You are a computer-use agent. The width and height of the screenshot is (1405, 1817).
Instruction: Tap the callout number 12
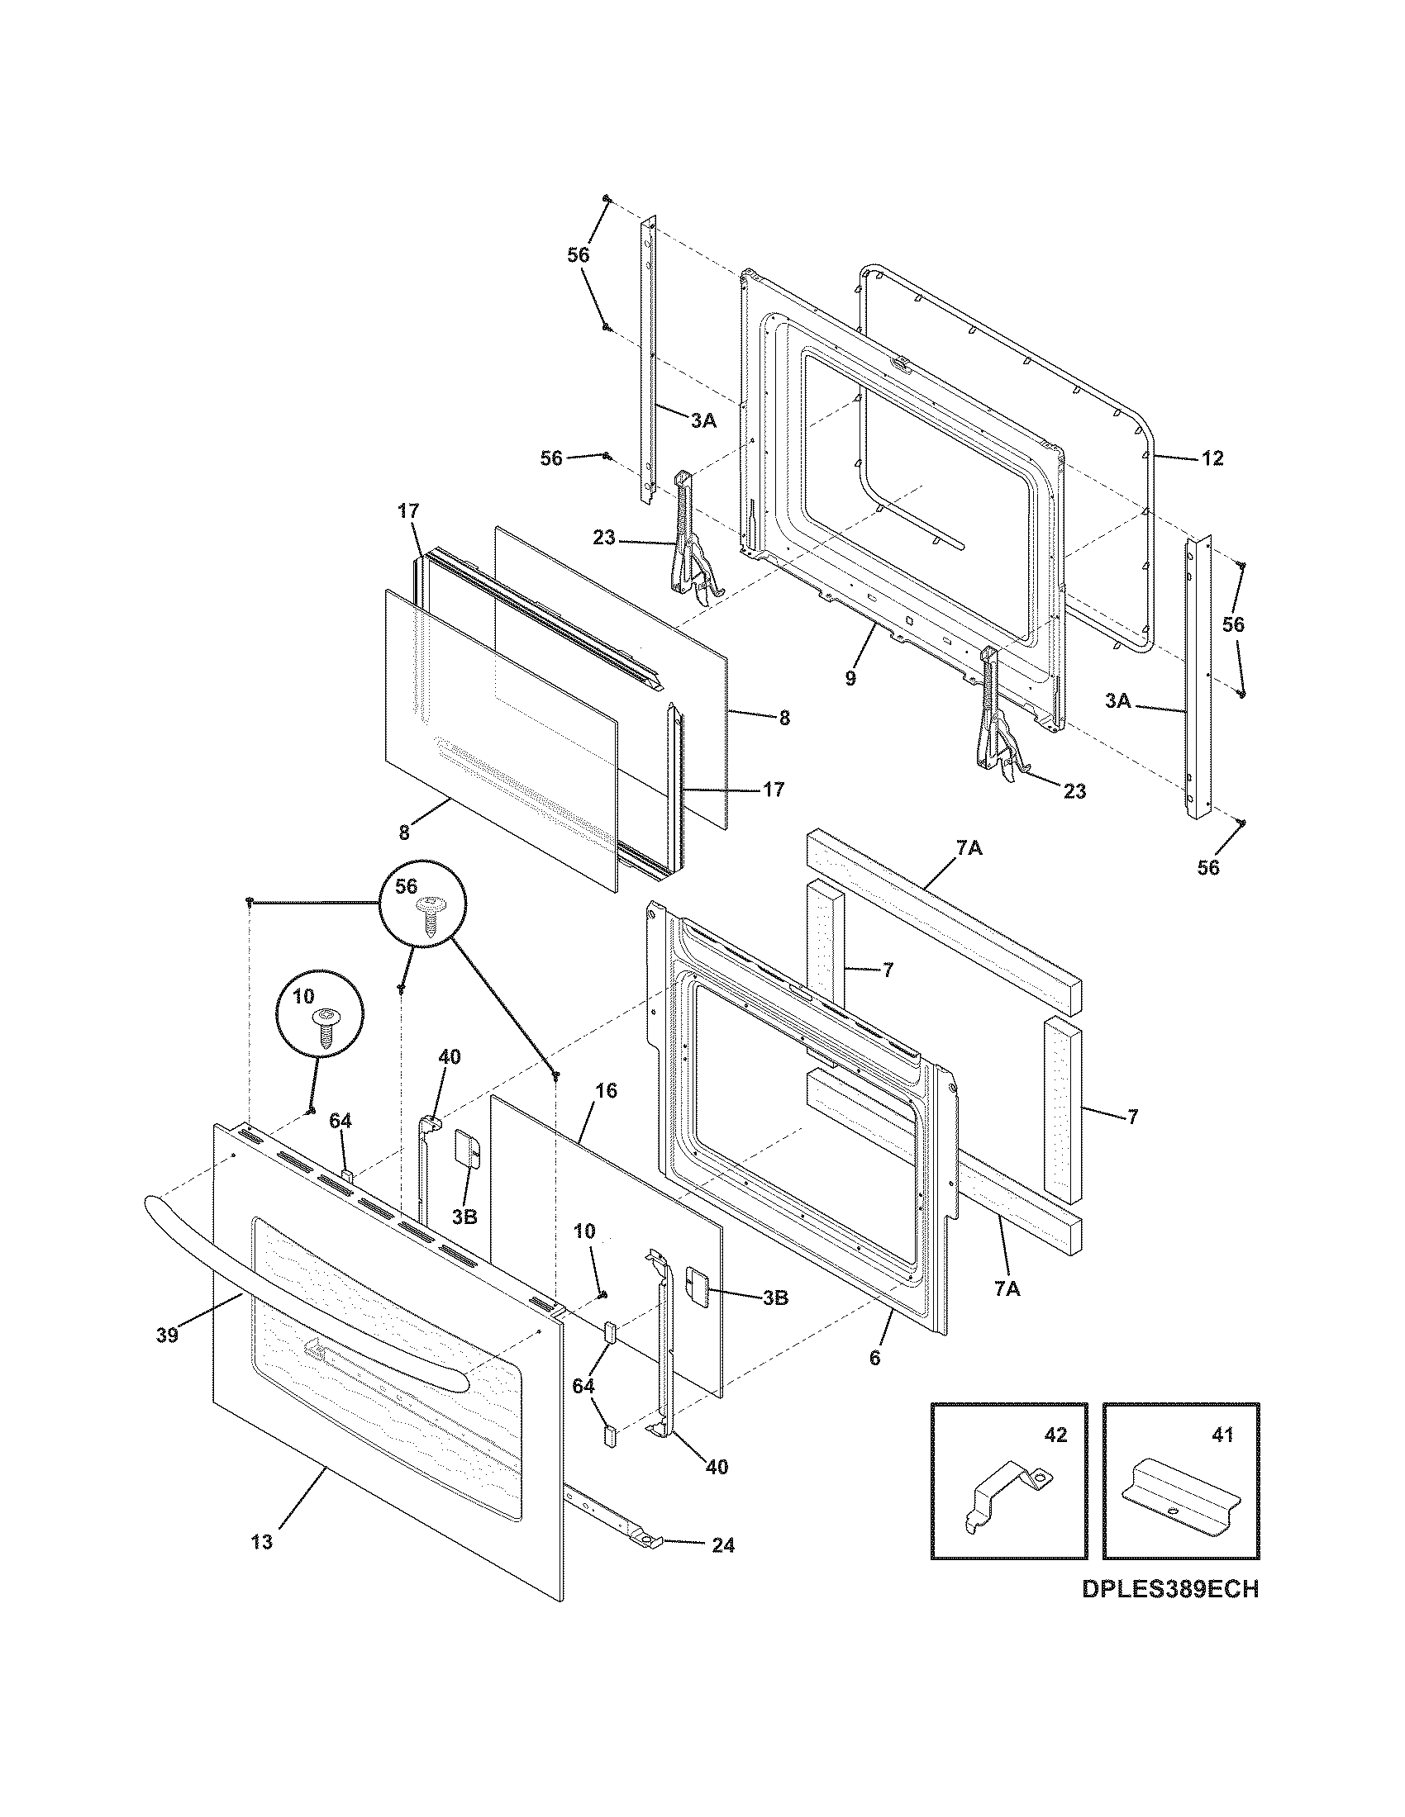pyautogui.click(x=1212, y=458)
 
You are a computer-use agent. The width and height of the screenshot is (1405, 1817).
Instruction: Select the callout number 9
pyautogui.click(x=850, y=678)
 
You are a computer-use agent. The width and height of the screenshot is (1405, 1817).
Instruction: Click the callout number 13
pyautogui.click(x=261, y=1542)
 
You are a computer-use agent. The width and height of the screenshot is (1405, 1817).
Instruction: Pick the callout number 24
pyautogui.click(x=723, y=1545)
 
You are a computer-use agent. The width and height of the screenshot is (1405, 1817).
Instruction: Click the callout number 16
pyautogui.click(x=607, y=1090)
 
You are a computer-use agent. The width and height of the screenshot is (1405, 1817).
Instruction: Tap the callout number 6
pyautogui.click(x=874, y=1358)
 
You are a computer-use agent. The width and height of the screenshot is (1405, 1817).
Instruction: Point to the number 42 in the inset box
pyautogui.click(x=1055, y=1435)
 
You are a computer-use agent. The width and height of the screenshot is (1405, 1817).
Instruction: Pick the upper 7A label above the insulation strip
pyautogui.click(x=969, y=849)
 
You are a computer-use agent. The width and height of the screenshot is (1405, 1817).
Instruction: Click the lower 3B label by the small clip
pyautogui.click(x=775, y=1297)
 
